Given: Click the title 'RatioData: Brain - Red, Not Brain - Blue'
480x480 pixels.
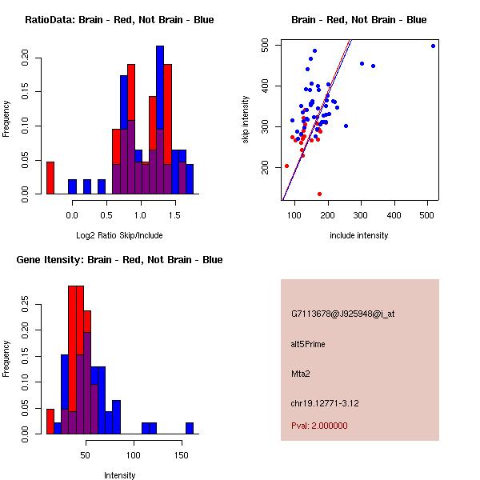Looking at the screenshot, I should pyautogui.click(x=119, y=19).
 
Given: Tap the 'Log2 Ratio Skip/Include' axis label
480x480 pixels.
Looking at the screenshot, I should pyautogui.click(x=118, y=235).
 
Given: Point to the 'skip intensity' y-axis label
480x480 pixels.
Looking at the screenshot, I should pyautogui.click(x=246, y=120).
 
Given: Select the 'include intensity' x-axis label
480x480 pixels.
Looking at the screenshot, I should pyautogui.click(x=358, y=235).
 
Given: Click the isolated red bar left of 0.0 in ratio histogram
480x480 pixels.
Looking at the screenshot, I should pyautogui.click(x=50, y=178).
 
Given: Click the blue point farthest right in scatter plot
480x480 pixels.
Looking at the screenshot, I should pyautogui.click(x=433, y=46).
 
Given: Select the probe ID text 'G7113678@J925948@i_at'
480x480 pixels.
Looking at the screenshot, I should pyautogui.click(x=342, y=314).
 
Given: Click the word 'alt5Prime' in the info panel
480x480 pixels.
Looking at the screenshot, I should pyautogui.click(x=308, y=344).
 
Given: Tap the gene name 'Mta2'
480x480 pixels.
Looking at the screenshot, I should pyautogui.click(x=301, y=373).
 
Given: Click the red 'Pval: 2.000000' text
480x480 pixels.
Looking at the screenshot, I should pyautogui.click(x=319, y=426).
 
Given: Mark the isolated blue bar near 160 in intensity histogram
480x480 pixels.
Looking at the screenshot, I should pyautogui.click(x=190, y=428).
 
